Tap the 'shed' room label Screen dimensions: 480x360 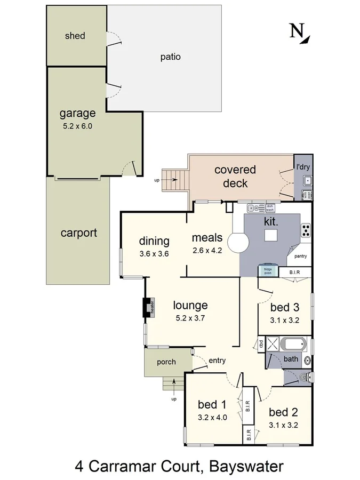point(75,36)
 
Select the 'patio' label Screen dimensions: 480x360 point(170,57)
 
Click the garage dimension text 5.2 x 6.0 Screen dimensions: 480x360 point(77,126)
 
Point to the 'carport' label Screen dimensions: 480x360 point(78,233)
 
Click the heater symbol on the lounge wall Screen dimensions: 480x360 point(147,308)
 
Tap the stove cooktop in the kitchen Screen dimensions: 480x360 point(307,230)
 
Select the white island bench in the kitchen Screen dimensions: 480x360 point(271,235)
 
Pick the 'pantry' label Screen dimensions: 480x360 point(300,256)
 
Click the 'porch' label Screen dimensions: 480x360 point(166,362)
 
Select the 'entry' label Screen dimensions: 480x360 point(217,361)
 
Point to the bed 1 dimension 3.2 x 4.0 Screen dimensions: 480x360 point(212,418)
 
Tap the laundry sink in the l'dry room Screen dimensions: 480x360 point(307,181)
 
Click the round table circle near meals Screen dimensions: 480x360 point(238,243)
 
